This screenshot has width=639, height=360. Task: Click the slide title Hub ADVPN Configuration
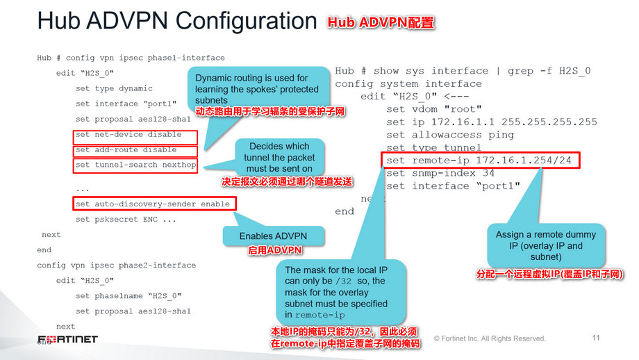(176, 21)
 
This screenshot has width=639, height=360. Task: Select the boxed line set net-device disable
(135, 135)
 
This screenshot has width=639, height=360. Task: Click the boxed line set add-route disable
(135, 150)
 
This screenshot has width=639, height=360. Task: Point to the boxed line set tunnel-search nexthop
(135, 165)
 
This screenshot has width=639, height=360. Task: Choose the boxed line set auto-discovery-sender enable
(152, 204)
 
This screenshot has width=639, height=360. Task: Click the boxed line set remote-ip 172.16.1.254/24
(480, 161)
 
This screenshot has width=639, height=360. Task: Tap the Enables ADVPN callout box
(275, 236)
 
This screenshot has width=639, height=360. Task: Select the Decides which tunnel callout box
(279, 158)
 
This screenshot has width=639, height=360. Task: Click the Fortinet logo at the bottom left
(67, 340)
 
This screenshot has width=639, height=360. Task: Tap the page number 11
(595, 338)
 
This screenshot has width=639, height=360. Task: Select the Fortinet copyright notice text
(490, 339)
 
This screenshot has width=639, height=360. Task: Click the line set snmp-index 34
(440, 173)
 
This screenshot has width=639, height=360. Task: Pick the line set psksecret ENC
(126, 220)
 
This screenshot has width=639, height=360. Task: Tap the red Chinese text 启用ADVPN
(275, 249)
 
